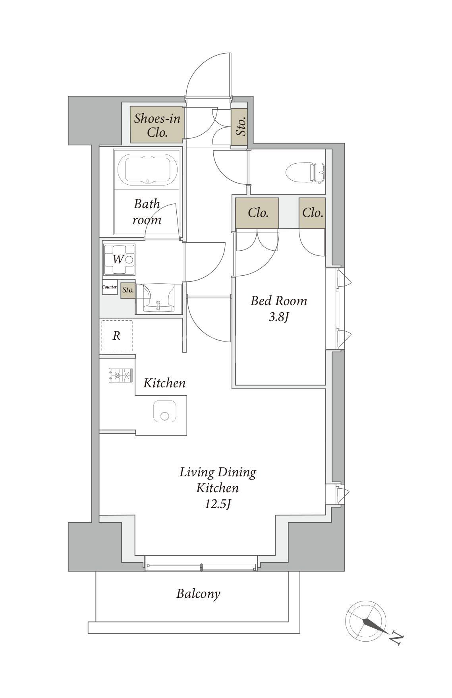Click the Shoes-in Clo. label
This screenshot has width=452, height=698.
coord(157,125)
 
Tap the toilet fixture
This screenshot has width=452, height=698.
coord(305,172)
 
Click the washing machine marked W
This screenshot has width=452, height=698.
coord(119,260)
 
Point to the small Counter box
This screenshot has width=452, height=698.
coord(109,287)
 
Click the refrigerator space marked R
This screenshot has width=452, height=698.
coord(117,336)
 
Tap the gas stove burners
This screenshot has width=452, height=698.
coord(120,375)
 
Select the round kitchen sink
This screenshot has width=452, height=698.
coord(165,412)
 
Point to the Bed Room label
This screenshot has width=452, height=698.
coord(279,301)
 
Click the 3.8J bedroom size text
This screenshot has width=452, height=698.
coord(278,318)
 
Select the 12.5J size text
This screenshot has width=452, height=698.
coord(218,504)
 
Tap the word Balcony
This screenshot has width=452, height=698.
coord(198,594)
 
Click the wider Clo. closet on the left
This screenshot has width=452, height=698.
coord(258,213)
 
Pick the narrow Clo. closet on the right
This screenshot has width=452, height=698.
coord(312,213)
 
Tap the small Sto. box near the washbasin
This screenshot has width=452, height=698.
coord(128,290)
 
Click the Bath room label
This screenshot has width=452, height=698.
coord(147,212)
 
